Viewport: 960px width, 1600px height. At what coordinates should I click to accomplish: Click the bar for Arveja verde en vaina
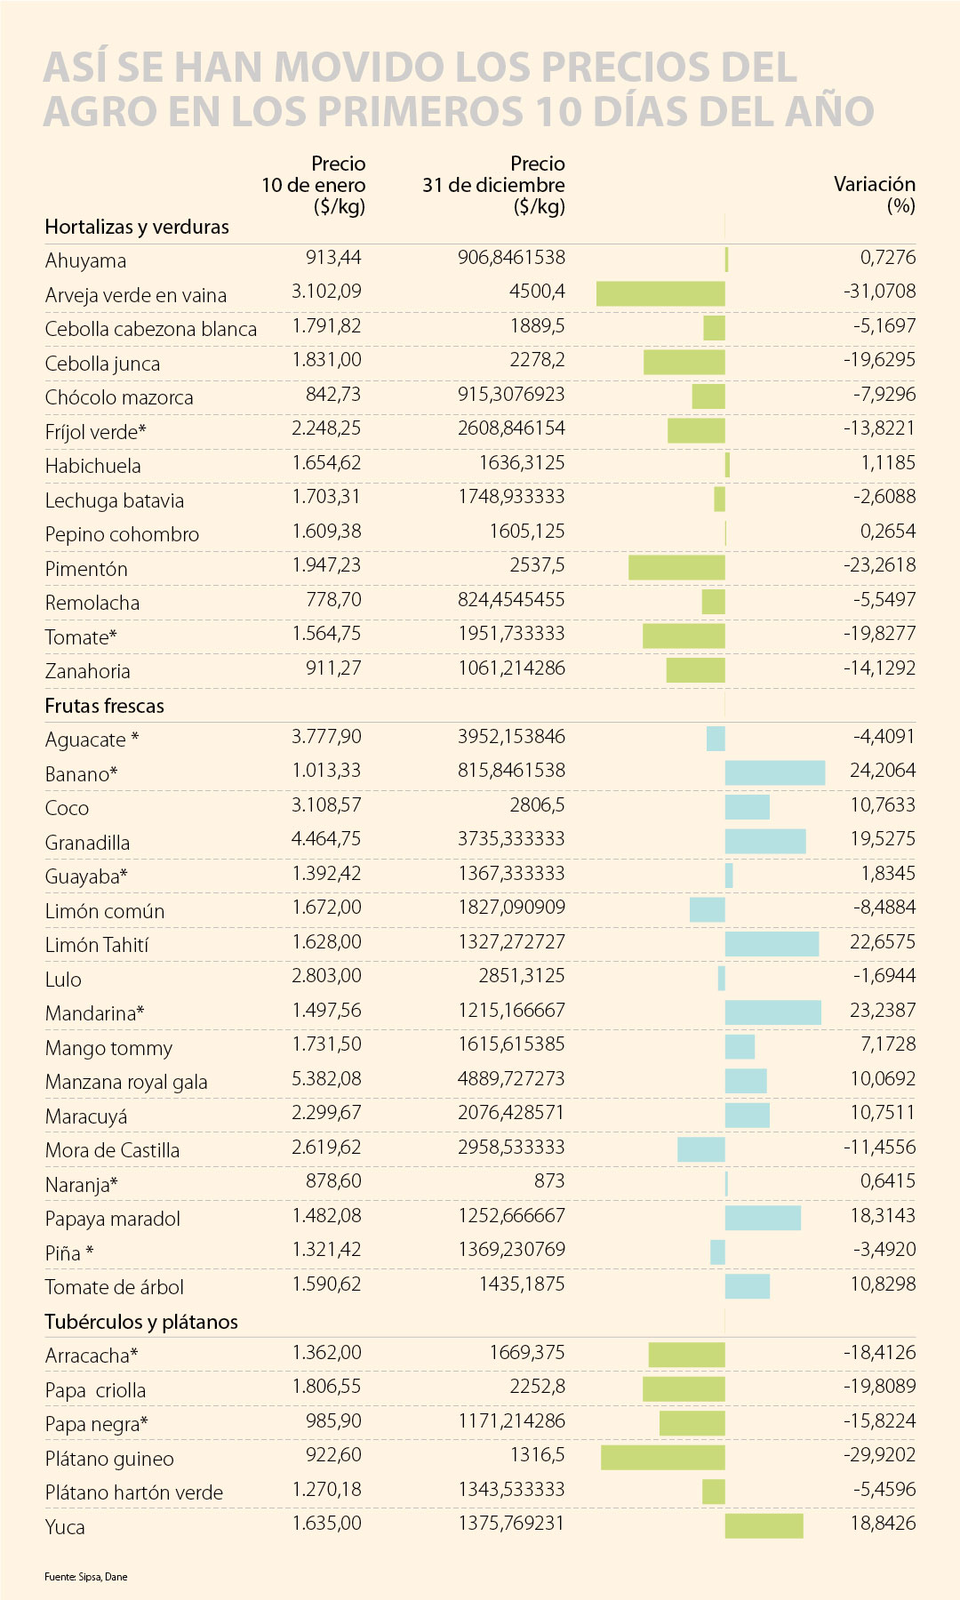point(660,293)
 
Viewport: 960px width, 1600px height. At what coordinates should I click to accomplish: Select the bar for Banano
point(774,772)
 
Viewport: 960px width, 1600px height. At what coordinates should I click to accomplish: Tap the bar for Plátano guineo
point(662,1457)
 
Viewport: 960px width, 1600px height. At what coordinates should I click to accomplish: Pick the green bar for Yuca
point(764,1525)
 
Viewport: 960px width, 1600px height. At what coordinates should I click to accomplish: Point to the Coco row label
point(68,808)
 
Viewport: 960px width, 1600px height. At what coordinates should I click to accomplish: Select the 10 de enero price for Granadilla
point(326,839)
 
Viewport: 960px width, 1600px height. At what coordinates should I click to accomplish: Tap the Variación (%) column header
point(875,195)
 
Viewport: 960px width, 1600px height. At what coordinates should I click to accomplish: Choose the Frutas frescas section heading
point(105,706)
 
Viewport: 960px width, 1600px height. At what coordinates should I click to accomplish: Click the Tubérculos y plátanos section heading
point(141,1322)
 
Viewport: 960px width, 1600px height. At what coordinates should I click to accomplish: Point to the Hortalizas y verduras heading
point(137,227)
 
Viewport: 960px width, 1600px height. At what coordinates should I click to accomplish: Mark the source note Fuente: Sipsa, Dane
point(86,1576)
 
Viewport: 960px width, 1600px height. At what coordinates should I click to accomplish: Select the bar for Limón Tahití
point(772,944)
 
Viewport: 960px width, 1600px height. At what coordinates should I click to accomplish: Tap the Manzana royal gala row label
point(126,1082)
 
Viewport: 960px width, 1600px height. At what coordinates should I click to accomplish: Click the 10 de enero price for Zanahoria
point(333,668)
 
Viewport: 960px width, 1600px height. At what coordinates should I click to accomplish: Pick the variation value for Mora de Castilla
point(879,1148)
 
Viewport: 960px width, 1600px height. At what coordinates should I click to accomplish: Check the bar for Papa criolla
point(684,1388)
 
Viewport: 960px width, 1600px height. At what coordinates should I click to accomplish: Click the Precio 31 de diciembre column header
point(494,185)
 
